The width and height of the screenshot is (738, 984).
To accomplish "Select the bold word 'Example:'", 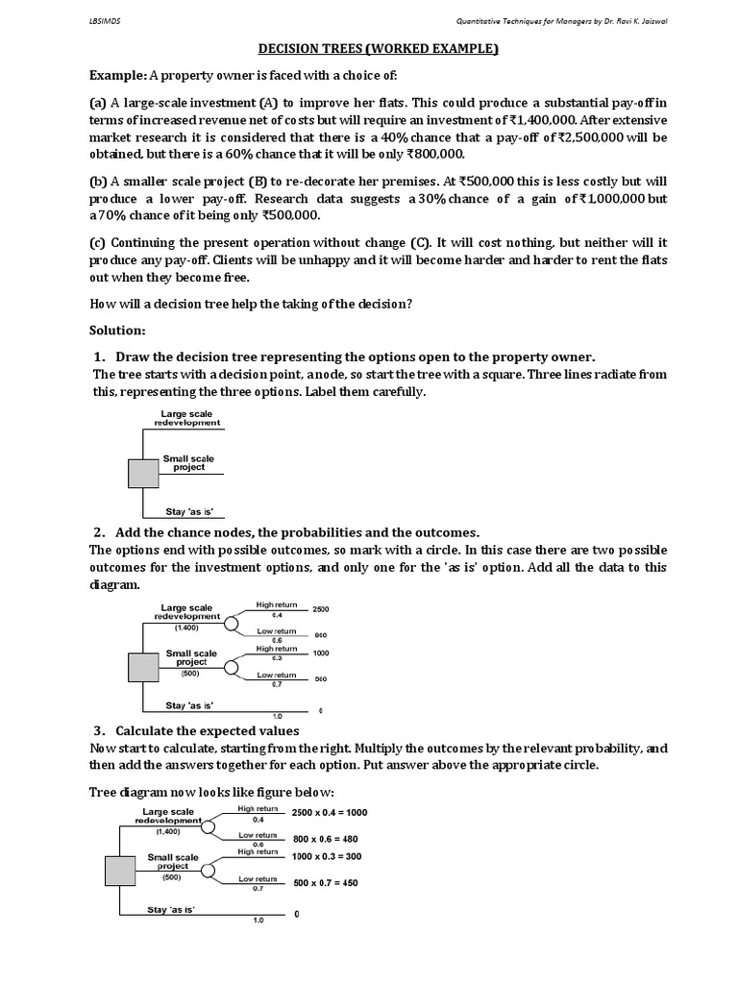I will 118,76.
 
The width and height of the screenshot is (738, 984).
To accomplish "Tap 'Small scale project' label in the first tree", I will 188,463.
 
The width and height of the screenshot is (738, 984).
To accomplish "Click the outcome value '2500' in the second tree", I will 321,610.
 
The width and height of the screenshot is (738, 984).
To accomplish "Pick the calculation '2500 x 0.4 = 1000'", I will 329,813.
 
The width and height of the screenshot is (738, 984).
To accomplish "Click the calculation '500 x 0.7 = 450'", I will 325,883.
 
